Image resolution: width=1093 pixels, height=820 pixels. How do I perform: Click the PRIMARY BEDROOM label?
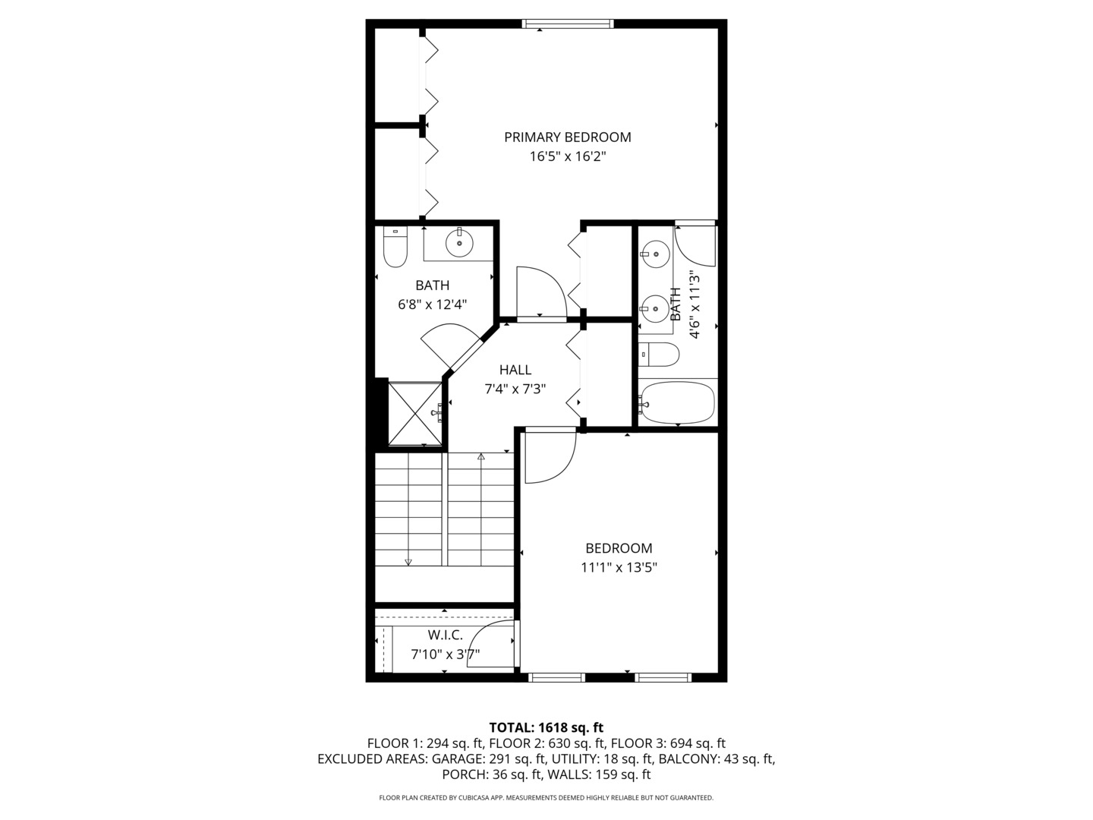[567, 137]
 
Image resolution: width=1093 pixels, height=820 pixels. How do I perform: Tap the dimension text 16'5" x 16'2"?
[567, 157]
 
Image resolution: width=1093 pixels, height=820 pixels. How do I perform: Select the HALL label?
[515, 370]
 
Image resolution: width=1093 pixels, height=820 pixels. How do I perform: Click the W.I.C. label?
[445, 635]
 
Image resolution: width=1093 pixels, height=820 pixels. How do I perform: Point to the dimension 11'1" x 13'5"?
[619, 567]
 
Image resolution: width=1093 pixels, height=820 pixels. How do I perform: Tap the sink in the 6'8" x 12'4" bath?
[459, 243]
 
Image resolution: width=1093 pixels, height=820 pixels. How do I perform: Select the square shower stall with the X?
[414, 414]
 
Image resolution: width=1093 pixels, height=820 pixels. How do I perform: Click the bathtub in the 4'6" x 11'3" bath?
[677, 403]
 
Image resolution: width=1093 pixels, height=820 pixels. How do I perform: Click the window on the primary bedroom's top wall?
[568, 24]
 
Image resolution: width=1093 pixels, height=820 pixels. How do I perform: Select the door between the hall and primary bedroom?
[540, 292]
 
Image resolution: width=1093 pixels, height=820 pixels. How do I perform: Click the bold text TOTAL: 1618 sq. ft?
[546, 727]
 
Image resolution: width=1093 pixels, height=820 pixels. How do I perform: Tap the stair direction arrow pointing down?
[408, 562]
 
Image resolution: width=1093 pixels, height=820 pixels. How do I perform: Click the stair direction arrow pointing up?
[481, 457]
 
